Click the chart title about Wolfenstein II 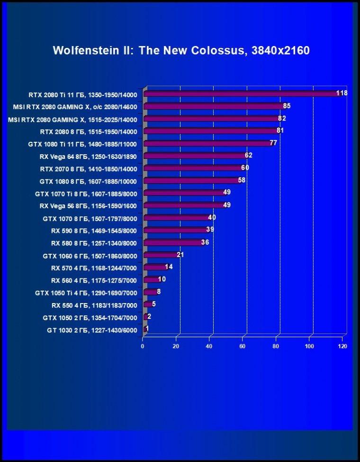tap(181, 50)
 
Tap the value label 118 tap(342, 93)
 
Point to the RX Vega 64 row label tap(88, 157)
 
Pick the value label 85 tap(287, 105)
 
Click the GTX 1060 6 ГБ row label tap(90, 256)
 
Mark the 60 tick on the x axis tap(243, 346)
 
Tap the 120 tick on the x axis tap(342, 346)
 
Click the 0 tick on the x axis tap(143, 346)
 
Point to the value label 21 tap(180, 255)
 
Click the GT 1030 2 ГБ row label tap(92, 330)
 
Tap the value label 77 tap(273, 143)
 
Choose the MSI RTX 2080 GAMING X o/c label tap(75, 107)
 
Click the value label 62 tap(249, 155)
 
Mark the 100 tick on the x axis tap(309, 346)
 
